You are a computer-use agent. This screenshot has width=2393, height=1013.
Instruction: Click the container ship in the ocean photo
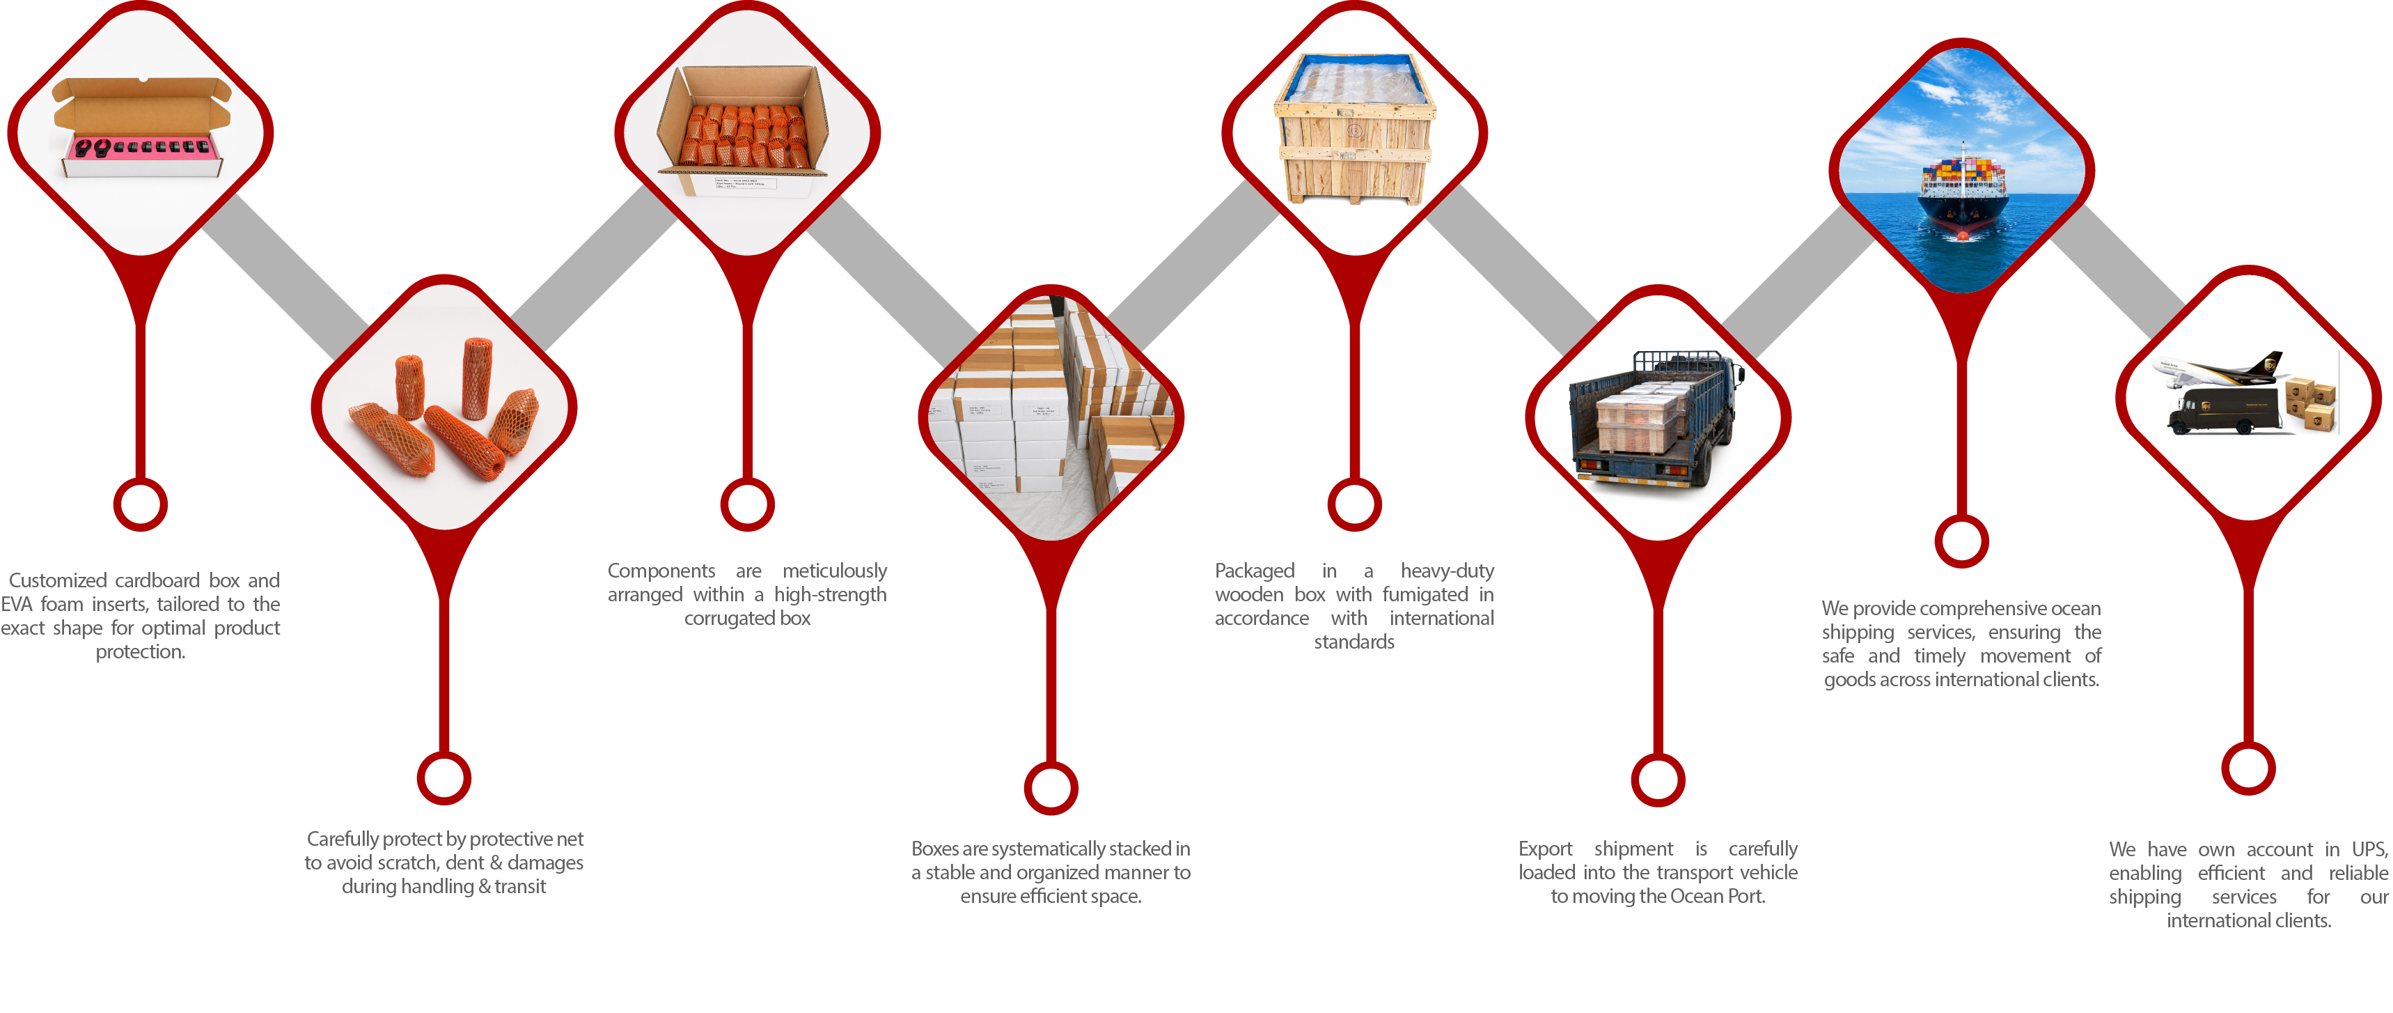(1962, 195)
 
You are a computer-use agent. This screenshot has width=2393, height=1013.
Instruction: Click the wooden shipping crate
(1354, 128)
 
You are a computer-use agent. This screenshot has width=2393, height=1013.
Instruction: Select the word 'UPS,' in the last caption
(2370, 849)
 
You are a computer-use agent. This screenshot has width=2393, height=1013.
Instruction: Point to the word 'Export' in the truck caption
(1546, 849)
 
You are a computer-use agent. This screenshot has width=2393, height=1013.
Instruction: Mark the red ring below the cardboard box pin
(140, 504)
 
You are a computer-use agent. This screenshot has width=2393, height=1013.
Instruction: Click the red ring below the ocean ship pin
(1961, 541)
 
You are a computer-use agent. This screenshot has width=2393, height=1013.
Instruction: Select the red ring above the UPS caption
(2248, 768)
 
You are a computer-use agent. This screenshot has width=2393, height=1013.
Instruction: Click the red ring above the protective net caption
(444, 778)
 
